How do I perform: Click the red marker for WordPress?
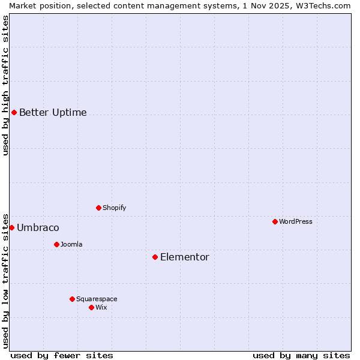pyautogui.click(x=275, y=221)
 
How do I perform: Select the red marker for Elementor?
pyautogui.click(x=155, y=257)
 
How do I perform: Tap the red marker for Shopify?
pyautogui.click(x=98, y=208)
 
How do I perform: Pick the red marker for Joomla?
pyautogui.click(x=56, y=244)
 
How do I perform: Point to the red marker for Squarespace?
pyautogui.click(x=72, y=299)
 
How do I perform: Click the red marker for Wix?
pyautogui.click(x=91, y=307)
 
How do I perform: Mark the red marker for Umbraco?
pyautogui.click(x=11, y=227)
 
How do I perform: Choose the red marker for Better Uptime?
pyautogui.click(x=14, y=112)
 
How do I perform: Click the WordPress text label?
pyautogui.click(x=296, y=221)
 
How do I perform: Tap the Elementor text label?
pyautogui.click(x=185, y=257)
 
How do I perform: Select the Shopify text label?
pyautogui.click(x=115, y=208)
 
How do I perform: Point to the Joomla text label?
pyautogui.click(x=71, y=244)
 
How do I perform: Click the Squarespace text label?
pyautogui.click(x=97, y=299)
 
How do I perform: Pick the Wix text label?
pyautogui.click(x=101, y=307)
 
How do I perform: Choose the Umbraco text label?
pyautogui.click(x=38, y=227)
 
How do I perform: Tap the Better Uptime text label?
pyautogui.click(x=53, y=112)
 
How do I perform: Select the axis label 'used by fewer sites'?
pyautogui.click(x=62, y=355)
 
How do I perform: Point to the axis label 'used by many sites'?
pyautogui.click(x=301, y=355)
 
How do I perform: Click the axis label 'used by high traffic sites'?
pyautogui.click(x=5, y=85)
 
